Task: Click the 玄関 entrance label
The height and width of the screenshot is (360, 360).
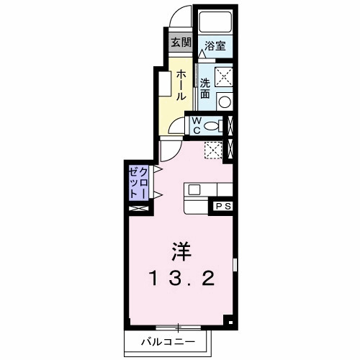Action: point(179,42)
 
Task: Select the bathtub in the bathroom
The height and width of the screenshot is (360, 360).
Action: point(215,23)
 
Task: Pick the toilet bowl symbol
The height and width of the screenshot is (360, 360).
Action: point(210,126)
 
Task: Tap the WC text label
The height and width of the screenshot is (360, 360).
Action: point(194,126)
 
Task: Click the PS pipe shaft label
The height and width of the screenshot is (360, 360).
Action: point(221,207)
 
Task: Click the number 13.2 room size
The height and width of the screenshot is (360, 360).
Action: point(181,278)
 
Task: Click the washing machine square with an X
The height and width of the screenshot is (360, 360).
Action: point(224,74)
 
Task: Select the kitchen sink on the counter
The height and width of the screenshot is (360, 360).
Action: point(194,190)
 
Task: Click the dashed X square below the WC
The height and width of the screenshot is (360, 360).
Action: point(213,149)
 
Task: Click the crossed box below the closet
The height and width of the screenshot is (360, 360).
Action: point(138,208)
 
